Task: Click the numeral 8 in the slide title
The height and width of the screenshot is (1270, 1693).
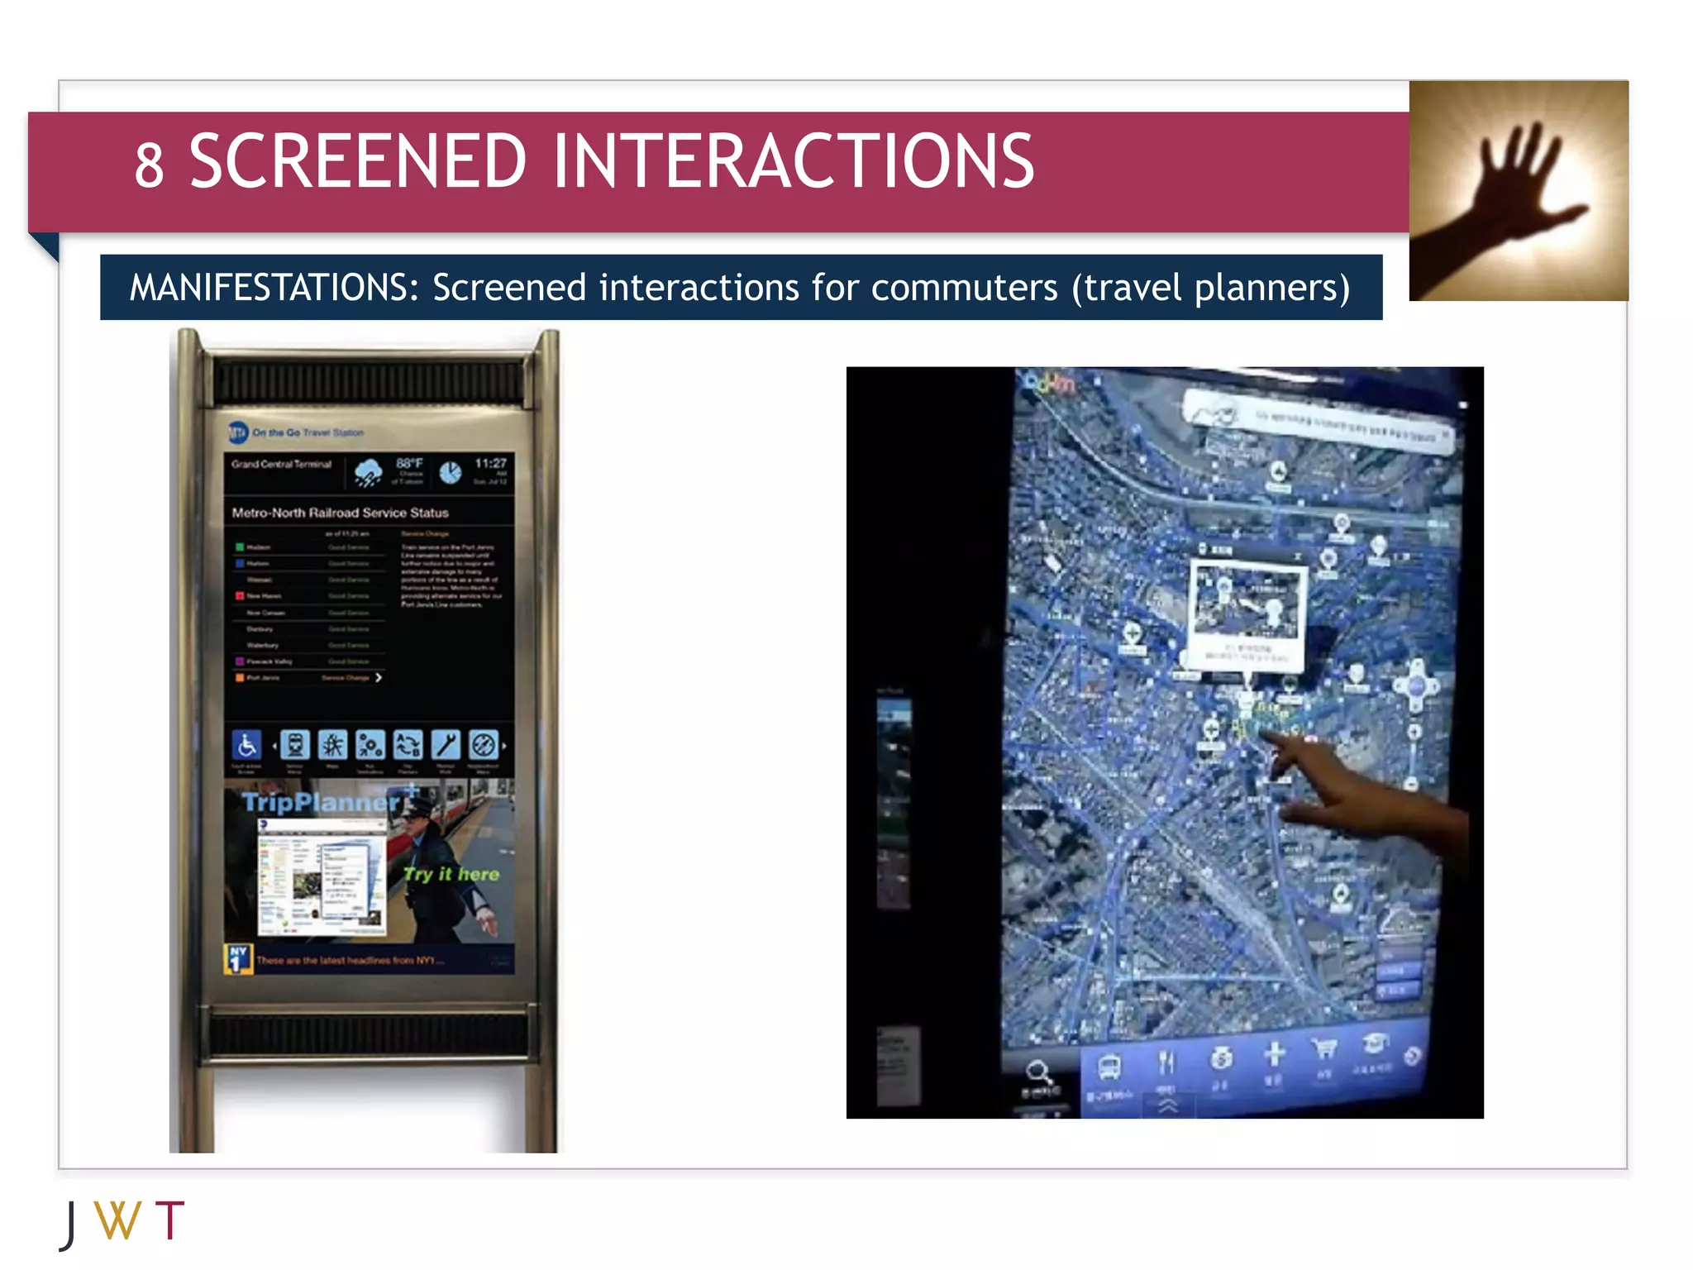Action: pos(150,165)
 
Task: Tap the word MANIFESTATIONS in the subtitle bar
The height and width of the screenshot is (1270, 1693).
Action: pos(274,288)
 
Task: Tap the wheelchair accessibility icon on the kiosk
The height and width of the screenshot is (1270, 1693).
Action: pos(246,745)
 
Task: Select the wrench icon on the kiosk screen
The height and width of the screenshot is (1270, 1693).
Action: pos(446,745)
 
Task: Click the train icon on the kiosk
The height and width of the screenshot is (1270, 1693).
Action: pos(294,745)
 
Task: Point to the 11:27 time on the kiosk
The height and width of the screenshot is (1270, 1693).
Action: pos(490,463)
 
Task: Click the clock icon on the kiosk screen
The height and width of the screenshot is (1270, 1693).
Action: pos(450,472)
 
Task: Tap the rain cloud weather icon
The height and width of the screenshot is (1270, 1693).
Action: pos(368,472)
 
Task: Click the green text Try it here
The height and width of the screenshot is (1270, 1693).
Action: pos(451,874)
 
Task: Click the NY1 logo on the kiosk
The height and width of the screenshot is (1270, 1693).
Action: pos(238,958)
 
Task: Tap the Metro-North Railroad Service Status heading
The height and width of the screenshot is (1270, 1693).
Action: pos(340,513)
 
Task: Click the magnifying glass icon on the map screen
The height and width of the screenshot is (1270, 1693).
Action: pos(1038,1073)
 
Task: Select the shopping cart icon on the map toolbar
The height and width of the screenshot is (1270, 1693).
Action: pos(1324,1050)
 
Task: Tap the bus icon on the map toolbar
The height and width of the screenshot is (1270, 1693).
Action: pos(1109,1066)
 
